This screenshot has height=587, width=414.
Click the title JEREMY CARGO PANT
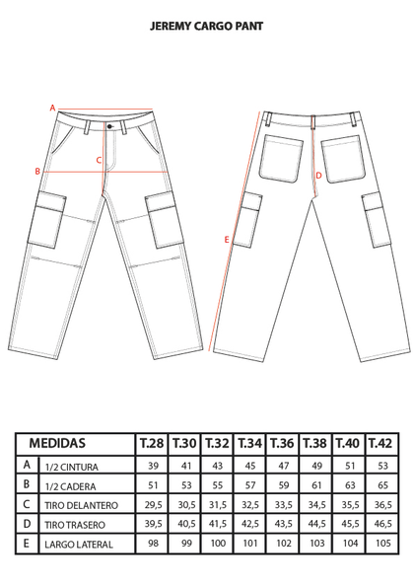pyautogui.click(x=206, y=27)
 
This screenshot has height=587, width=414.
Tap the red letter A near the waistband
pyautogui.click(x=52, y=109)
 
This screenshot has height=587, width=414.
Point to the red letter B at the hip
pyautogui.click(x=37, y=172)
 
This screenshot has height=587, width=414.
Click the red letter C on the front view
pyautogui.click(x=99, y=160)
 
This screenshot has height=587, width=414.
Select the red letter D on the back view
pyautogui.click(x=318, y=176)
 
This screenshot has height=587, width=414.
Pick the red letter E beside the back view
pyautogui.click(x=227, y=240)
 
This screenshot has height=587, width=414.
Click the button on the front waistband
pyautogui.click(x=109, y=126)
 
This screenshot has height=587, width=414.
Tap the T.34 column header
pyautogui.click(x=249, y=444)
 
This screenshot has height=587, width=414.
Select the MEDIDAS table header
pyautogui.click(x=57, y=443)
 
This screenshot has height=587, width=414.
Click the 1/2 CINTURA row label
pyautogui.click(x=71, y=468)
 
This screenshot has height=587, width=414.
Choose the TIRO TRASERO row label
pyautogui.click(x=75, y=525)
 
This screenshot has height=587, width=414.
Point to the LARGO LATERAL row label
pyautogui.click(x=79, y=545)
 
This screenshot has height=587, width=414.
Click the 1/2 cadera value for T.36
pyautogui.click(x=284, y=485)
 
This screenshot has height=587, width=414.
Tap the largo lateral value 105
pyautogui.click(x=383, y=543)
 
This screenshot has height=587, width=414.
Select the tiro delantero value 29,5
pyautogui.click(x=154, y=505)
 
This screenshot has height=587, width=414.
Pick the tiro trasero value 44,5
pyautogui.click(x=316, y=523)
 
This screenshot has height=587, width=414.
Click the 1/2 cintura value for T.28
pyautogui.click(x=153, y=466)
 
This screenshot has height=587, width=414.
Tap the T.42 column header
pyautogui.click(x=380, y=444)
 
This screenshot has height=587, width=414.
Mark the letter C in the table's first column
pyautogui.click(x=27, y=504)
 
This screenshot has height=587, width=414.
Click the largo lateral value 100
pyautogui.click(x=218, y=543)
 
